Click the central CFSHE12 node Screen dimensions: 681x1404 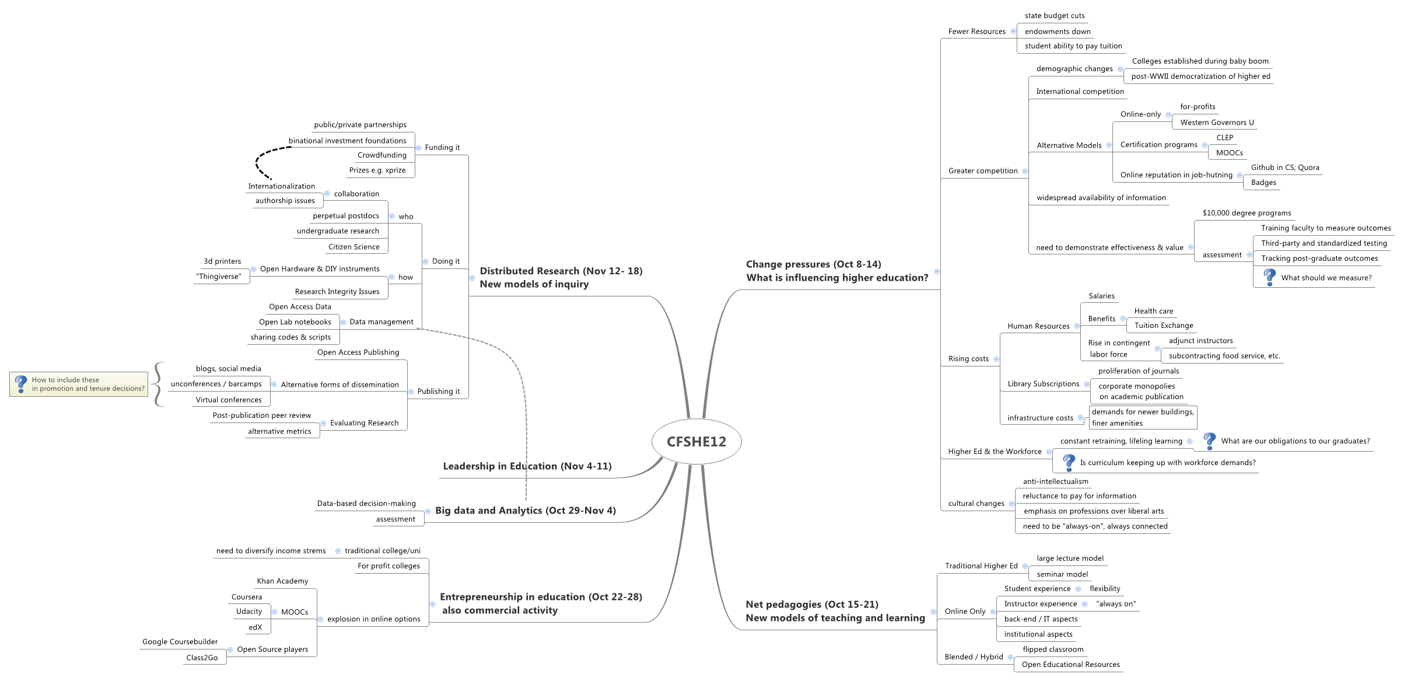click(x=696, y=442)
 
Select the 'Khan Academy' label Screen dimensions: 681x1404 click(x=282, y=581)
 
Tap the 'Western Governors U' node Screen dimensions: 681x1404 click(x=1217, y=123)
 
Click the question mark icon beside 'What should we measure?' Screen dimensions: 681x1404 click(x=1269, y=277)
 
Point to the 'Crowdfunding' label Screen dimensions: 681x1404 click(x=382, y=155)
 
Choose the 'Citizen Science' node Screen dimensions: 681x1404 click(x=353, y=247)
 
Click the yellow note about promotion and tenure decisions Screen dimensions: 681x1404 click(x=79, y=384)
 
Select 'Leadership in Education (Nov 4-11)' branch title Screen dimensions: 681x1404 click(x=527, y=466)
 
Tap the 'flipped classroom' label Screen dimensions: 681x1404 click(x=1053, y=649)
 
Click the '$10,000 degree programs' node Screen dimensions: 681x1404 click(x=1247, y=213)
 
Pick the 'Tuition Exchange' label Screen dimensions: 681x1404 click(x=1164, y=326)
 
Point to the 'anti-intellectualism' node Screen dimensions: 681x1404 click(x=1055, y=481)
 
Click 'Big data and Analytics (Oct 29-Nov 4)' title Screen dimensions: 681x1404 click(x=525, y=511)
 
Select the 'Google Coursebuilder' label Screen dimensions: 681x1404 click(x=180, y=642)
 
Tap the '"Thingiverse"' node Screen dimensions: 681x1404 click(x=219, y=277)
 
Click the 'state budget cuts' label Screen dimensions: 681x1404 click(x=1055, y=16)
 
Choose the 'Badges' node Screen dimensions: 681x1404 click(x=1263, y=183)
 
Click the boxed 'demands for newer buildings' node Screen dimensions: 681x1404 click(x=1143, y=417)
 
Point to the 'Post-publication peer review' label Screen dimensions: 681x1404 click(x=262, y=415)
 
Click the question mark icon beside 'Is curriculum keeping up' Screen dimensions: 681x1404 click(x=1069, y=462)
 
